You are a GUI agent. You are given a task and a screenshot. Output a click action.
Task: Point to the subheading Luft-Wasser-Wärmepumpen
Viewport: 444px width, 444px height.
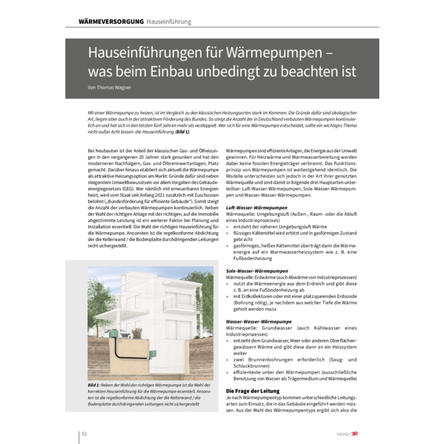(254, 207)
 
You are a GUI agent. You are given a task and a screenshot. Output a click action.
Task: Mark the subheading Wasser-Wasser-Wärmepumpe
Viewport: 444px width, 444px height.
(254, 322)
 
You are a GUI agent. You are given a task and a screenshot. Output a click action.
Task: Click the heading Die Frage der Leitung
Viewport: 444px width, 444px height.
(251, 391)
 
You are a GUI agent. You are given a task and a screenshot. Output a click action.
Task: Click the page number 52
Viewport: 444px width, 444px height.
(84, 433)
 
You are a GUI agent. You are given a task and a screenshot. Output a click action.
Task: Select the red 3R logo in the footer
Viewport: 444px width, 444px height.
(362, 433)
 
